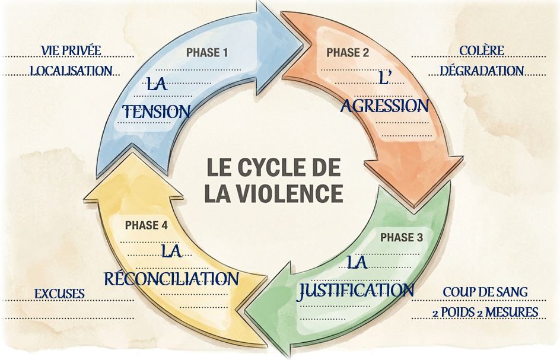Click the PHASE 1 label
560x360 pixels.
click(x=207, y=53)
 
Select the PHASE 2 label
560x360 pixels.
click(x=348, y=53)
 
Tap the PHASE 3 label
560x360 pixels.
click(x=402, y=237)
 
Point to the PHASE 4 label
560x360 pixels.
click(x=146, y=225)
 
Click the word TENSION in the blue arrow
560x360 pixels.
click(x=157, y=111)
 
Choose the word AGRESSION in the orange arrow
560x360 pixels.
click(x=384, y=106)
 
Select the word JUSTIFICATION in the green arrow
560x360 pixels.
click(x=356, y=291)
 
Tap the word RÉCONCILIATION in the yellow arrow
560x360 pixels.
click(x=171, y=279)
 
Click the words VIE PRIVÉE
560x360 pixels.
click(x=71, y=51)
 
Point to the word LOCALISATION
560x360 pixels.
click(x=71, y=71)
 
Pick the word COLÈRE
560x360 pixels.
click(x=482, y=51)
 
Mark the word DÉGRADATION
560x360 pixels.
click(x=482, y=71)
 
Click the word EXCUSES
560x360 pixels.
click(x=60, y=294)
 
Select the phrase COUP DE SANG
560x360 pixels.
click(x=485, y=292)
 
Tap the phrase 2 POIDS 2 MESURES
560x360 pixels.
click(x=485, y=313)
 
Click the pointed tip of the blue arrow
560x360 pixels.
click(x=303, y=44)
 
